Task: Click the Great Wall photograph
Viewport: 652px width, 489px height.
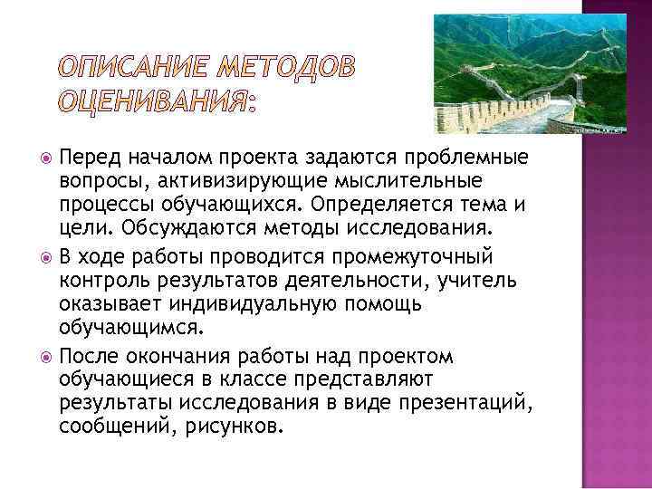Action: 506,73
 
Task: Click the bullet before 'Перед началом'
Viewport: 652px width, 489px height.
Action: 46,160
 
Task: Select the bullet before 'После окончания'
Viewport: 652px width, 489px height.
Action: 46,357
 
